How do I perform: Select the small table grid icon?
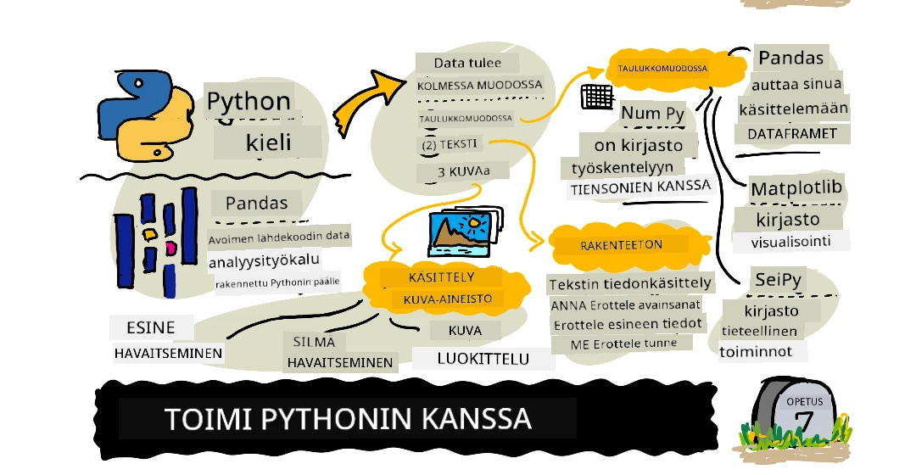point(595,97)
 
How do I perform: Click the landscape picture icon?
point(463,229)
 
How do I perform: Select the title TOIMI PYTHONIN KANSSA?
point(347,418)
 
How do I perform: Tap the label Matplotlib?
point(796,188)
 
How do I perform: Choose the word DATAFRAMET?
point(791,133)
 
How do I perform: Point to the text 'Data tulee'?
point(466,63)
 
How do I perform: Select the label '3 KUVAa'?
point(463,172)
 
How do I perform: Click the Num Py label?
point(652,113)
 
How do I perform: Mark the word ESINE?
point(152,327)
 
